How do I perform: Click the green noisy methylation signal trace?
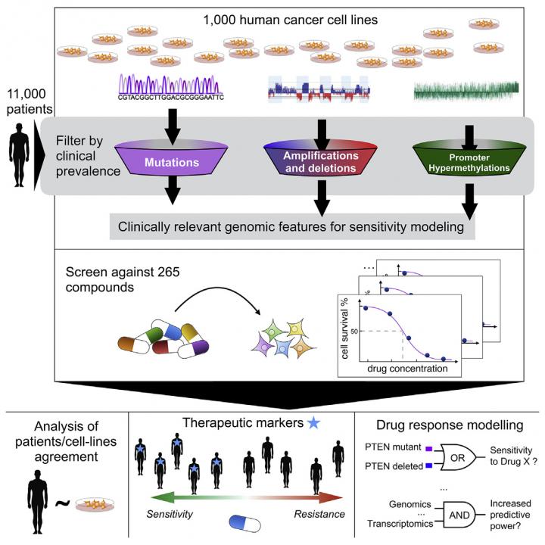tap(466, 89)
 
